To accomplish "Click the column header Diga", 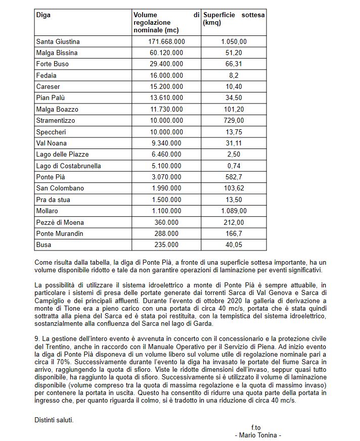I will (43, 15).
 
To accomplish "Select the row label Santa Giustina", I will (58, 41).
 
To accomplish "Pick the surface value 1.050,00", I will (234, 41).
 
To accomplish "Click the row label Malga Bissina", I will (57, 53).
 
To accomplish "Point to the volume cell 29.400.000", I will (166, 64).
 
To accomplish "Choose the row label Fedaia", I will (47, 75).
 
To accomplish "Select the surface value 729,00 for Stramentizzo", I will (234, 120).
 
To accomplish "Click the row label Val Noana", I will (52, 143).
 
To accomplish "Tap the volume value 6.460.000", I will (166, 154).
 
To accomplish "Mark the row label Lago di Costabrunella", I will (68, 166).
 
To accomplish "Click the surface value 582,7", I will (234, 177).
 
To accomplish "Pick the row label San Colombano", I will (60, 188).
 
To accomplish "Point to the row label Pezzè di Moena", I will (60, 222).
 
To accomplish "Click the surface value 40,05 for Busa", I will (234, 244).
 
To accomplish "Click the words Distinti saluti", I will (54, 419).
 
